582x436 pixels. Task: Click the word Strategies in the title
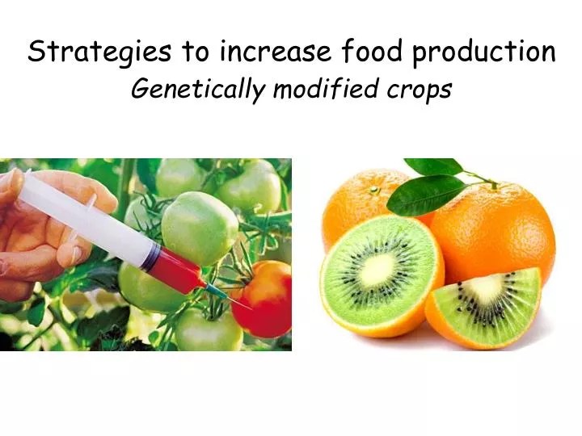pyautogui.click(x=99, y=52)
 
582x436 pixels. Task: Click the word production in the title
pyautogui.click(x=483, y=52)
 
